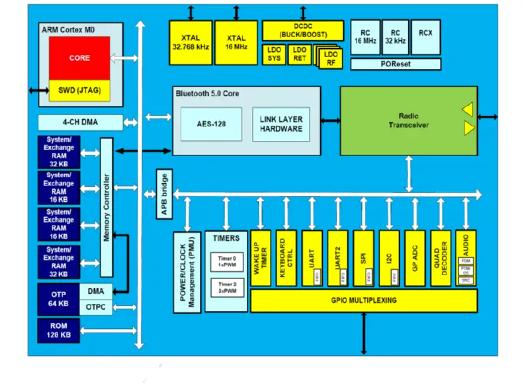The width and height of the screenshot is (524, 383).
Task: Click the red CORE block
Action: pyautogui.click(x=79, y=58)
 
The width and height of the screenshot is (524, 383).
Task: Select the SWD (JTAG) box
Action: pyautogui.click(x=79, y=90)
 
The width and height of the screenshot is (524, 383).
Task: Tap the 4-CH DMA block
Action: pyautogui.click(x=80, y=122)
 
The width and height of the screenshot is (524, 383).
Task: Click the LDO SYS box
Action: pyautogui.click(x=274, y=54)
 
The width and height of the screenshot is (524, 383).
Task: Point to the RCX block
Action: pyautogui.click(x=425, y=37)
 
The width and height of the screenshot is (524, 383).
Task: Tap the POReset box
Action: pyautogui.click(x=395, y=64)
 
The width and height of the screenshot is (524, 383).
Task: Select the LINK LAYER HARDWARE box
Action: pyautogui.click(x=282, y=124)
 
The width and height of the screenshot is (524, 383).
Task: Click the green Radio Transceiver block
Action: pyautogui.click(x=408, y=120)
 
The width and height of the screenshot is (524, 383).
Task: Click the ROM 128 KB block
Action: pyautogui.click(x=59, y=331)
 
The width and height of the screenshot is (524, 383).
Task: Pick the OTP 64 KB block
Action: pyautogui.click(x=59, y=298)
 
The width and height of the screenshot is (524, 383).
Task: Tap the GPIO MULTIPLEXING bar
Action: pyautogui.click(x=363, y=300)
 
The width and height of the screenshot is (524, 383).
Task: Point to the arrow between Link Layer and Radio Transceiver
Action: pyautogui.click(x=330, y=120)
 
